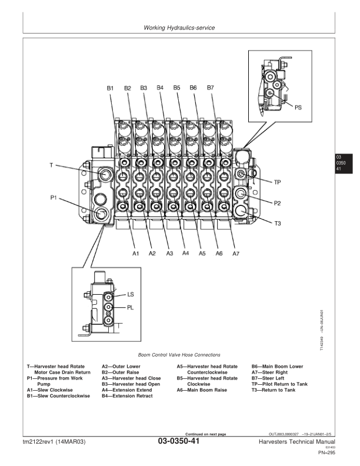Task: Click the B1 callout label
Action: pyautogui.click(x=110, y=88)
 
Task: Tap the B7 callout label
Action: pyautogui.click(x=211, y=88)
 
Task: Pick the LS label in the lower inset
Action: pyautogui.click(x=131, y=294)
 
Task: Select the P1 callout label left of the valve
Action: pyautogui.click(x=54, y=198)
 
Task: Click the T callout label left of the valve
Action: pyautogui.click(x=52, y=166)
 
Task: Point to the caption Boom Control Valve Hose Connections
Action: pyautogui.click(x=179, y=355)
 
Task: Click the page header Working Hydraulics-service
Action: pyautogui.click(x=179, y=28)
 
